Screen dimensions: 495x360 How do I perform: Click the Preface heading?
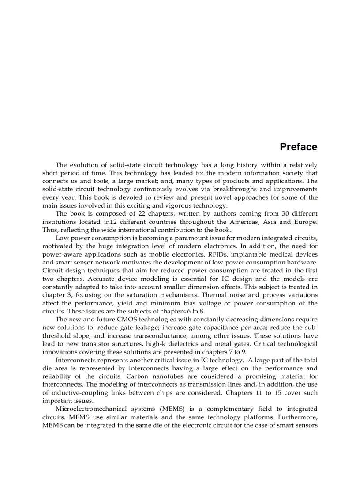click(298, 147)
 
